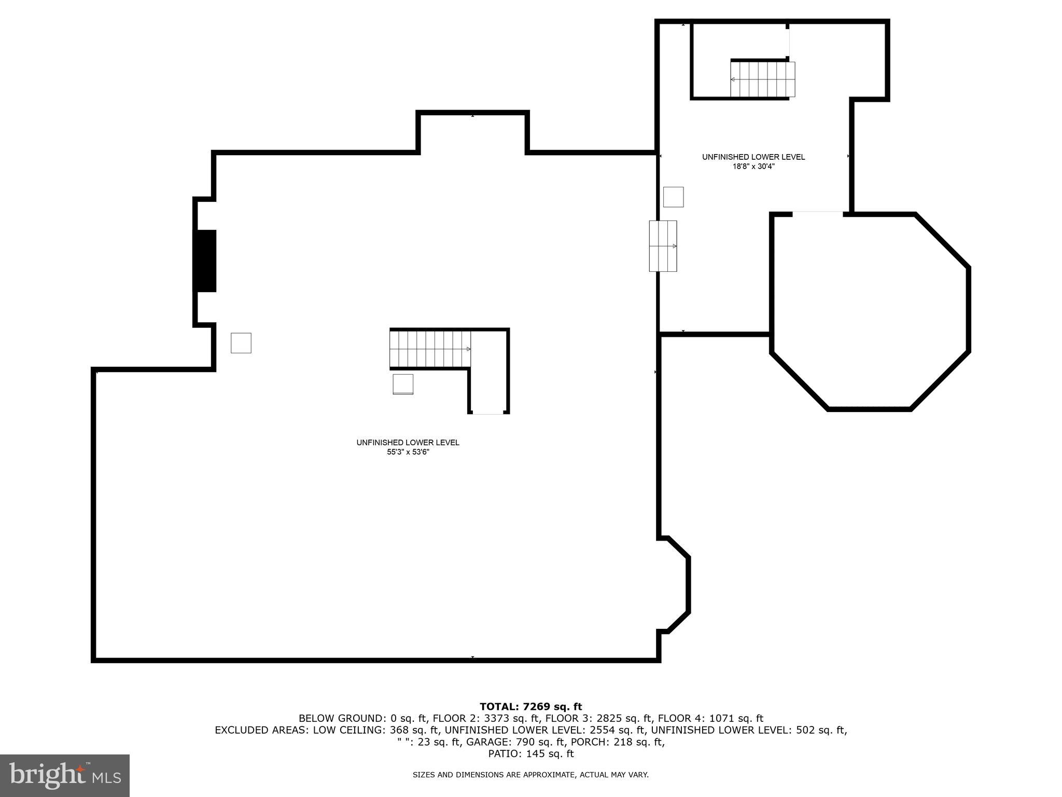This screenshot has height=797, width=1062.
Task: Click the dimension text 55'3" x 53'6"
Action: (x=408, y=452)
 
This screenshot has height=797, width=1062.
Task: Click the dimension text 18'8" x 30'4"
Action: (x=753, y=167)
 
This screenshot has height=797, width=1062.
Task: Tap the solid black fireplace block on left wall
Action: (x=205, y=260)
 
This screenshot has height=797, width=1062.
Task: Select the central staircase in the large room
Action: (x=430, y=349)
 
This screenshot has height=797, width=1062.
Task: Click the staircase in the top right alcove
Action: (x=762, y=79)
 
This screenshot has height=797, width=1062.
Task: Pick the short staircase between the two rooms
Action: (x=663, y=246)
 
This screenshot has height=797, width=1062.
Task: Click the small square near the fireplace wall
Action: (x=241, y=343)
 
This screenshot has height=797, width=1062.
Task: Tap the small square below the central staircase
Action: (x=403, y=384)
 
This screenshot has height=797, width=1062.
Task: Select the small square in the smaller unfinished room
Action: (x=673, y=197)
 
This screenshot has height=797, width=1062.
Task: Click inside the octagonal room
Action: (x=870, y=311)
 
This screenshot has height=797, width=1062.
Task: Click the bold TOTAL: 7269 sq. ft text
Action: (x=530, y=706)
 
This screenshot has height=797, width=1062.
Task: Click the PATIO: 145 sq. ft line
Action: (x=530, y=754)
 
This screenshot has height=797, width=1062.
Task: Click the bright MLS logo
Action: (x=64, y=776)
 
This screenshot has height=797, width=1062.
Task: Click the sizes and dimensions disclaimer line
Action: (x=530, y=775)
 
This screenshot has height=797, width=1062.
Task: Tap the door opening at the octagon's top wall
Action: (x=818, y=213)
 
